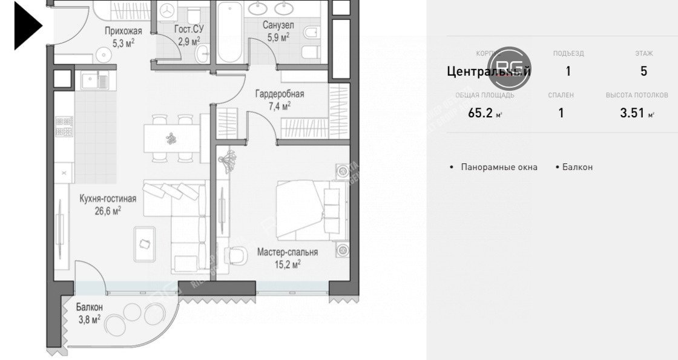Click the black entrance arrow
coord(27,25)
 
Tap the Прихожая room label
coord(123,31)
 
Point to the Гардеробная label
coord(279,94)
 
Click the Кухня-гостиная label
coord(108,198)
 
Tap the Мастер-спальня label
coord(287,252)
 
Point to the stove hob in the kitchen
coord(65,126)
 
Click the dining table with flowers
coord(171,139)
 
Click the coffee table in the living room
coord(145,243)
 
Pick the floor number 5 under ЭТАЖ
coord(643,71)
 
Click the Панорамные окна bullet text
coord(498,167)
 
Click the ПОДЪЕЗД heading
coord(568,53)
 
